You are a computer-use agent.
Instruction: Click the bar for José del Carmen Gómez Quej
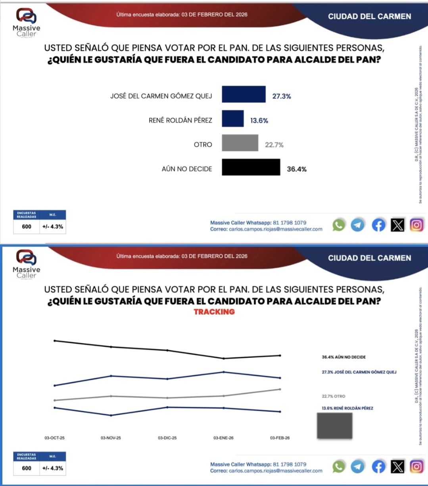(x=244, y=94)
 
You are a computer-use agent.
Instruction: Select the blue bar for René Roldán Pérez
(x=232, y=119)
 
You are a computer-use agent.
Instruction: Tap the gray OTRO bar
(x=240, y=143)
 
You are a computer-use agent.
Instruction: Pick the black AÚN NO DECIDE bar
(x=251, y=167)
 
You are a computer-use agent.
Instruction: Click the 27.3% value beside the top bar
(x=282, y=96)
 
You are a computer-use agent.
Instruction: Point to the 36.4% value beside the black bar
(x=297, y=169)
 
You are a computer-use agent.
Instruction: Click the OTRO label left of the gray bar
(x=203, y=145)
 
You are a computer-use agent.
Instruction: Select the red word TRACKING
(x=214, y=312)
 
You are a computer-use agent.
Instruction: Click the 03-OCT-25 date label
(x=54, y=438)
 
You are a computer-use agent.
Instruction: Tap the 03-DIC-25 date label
(x=167, y=438)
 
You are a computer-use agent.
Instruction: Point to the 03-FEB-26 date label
(x=280, y=438)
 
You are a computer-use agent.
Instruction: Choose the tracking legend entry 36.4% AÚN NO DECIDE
(x=344, y=357)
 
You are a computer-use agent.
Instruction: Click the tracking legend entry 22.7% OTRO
(x=333, y=396)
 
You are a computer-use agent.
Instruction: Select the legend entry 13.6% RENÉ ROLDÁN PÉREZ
(x=347, y=408)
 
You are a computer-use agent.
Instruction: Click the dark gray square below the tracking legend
(x=334, y=426)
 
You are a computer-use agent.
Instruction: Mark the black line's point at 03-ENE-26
(x=224, y=358)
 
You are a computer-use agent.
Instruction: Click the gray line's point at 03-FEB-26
(x=280, y=389)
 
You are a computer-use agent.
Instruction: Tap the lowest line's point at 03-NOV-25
(x=111, y=415)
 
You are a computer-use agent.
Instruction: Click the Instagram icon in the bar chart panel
(x=416, y=225)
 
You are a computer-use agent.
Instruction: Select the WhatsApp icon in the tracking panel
(x=338, y=467)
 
